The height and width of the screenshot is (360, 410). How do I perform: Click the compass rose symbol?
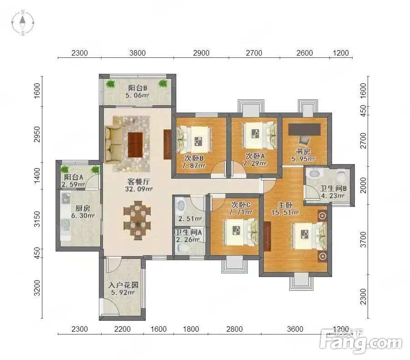[x=23, y=22]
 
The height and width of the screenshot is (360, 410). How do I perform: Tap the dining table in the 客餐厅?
[x=137, y=220]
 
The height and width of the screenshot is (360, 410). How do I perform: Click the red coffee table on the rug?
[x=135, y=144]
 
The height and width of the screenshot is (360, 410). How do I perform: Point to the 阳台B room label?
[x=137, y=88]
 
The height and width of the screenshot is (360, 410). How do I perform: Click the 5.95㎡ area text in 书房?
[x=303, y=159]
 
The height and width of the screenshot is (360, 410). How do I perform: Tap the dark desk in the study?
[x=304, y=129]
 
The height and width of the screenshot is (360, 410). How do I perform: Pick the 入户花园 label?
[x=123, y=285]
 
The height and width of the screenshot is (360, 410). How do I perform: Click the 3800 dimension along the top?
[x=138, y=53]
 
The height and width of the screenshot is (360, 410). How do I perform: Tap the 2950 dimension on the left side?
[x=37, y=134]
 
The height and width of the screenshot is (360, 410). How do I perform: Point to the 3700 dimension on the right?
[x=364, y=239]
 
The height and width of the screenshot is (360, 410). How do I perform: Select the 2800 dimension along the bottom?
[x=235, y=329]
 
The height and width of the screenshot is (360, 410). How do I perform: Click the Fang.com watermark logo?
[x=361, y=341]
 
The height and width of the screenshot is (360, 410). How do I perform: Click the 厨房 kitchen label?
[x=82, y=208]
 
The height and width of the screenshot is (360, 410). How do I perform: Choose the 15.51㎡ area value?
[x=285, y=212]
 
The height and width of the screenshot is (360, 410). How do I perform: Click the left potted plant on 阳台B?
[x=111, y=84]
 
